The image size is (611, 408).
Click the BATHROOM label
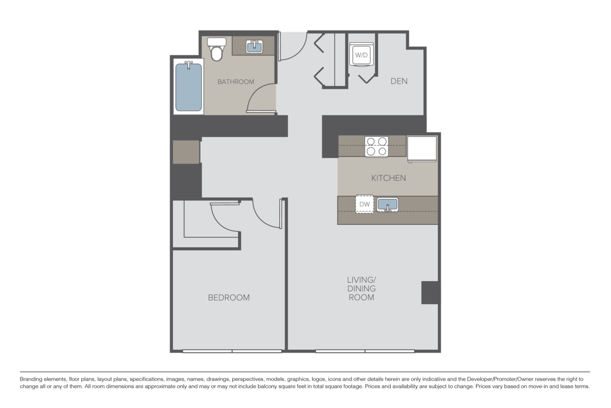[x=236, y=81]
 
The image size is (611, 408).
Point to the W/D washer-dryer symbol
[x=361, y=54]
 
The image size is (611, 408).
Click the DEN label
[x=399, y=81]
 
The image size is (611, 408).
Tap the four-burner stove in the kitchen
[x=377, y=146]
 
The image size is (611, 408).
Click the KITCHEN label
[x=388, y=178]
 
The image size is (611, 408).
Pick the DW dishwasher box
[x=364, y=204]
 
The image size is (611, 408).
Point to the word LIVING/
[x=361, y=280]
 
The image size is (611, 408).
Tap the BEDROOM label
[x=229, y=297]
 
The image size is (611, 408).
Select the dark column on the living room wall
[x=431, y=292]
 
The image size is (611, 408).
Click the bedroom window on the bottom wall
[x=232, y=351]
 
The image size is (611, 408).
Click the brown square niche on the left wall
[x=186, y=152]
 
